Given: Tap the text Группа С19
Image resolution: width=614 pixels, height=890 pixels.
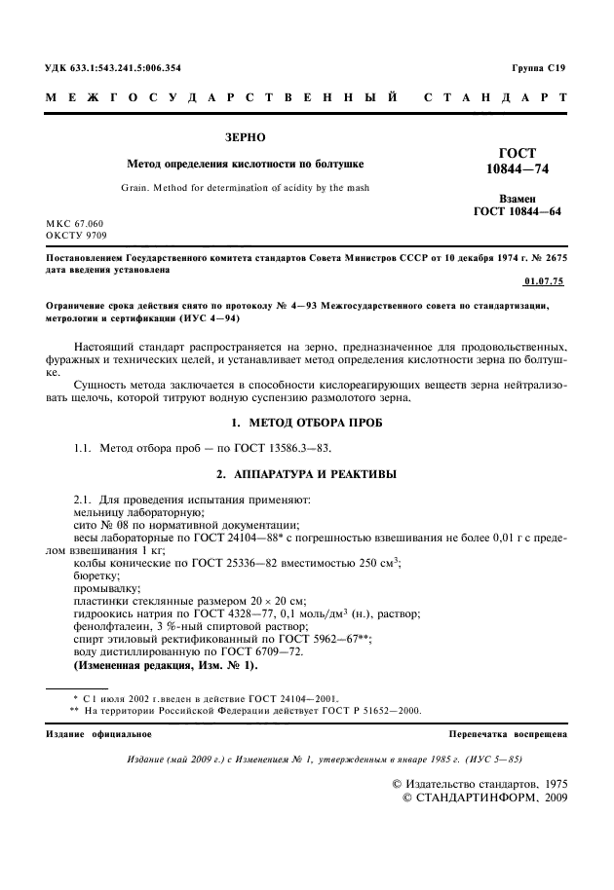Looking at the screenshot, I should tap(538, 68).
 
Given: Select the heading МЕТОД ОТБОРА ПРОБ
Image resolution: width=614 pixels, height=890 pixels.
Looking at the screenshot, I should tap(318, 426).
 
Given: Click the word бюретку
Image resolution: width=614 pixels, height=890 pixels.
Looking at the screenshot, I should tap(98, 575).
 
